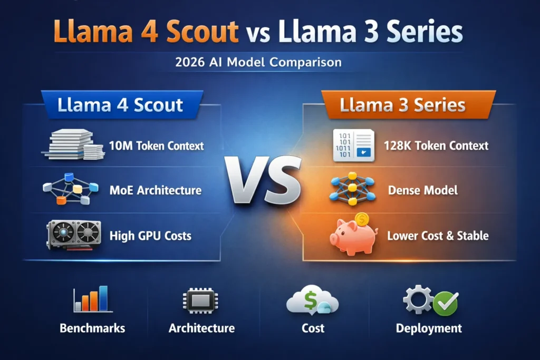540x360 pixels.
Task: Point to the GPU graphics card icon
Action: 73,235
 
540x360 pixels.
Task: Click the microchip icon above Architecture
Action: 201,300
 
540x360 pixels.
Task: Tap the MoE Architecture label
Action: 155,190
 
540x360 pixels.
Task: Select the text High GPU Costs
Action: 150,235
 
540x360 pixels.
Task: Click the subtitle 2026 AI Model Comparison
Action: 258,62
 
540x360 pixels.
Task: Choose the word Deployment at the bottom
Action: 429,328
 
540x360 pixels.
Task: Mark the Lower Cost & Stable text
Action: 438,235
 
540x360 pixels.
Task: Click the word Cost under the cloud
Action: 313,328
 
